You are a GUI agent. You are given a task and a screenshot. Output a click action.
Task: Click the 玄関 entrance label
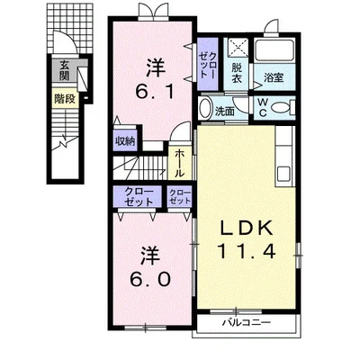[64, 70]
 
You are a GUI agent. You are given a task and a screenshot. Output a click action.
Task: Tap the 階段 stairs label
[65, 99]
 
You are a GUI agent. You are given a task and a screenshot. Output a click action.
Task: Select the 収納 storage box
[125, 140]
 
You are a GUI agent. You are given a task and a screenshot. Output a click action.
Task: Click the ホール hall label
[179, 163]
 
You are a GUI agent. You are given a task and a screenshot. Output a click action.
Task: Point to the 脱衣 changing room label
[236, 73]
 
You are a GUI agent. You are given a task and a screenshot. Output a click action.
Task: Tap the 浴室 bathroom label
[274, 78]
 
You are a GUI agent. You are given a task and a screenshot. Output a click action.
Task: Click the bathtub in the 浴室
[274, 50]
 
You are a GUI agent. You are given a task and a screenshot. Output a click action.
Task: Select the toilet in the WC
[283, 108]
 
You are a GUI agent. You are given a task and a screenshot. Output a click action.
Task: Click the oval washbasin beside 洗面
[205, 108]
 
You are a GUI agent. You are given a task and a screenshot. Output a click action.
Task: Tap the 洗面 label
[225, 112]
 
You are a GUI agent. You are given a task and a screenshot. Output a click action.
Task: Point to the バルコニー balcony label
[247, 322]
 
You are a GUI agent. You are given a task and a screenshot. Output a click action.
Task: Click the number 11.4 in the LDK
[246, 251]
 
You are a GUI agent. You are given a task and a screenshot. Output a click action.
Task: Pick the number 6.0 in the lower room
[151, 280]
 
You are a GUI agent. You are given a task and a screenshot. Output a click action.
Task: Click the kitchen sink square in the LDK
[283, 173]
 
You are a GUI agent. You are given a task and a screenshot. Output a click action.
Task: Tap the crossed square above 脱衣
[236, 49]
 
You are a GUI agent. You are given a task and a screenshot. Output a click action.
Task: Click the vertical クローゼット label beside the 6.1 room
[208, 65]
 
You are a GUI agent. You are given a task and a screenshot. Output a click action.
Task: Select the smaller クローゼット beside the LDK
[180, 196]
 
